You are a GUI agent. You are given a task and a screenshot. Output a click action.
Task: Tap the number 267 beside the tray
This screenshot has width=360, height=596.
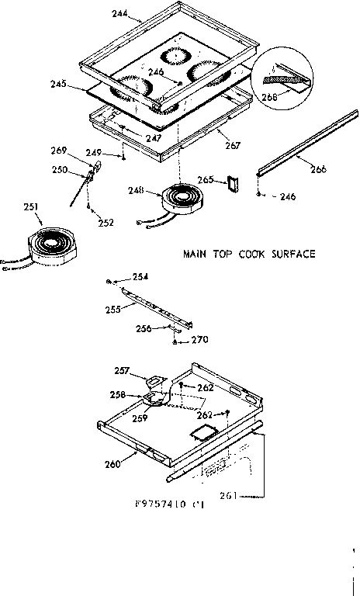coord(232,145)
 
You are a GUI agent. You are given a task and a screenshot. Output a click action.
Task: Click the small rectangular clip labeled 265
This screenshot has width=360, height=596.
coord(230,183)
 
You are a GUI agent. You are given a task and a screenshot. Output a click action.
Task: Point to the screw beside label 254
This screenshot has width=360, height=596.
coord(112,279)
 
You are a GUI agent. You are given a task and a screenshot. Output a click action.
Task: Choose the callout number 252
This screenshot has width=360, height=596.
coord(106,222)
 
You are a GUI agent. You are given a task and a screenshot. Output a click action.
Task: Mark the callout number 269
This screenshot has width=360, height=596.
coord(80,150)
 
